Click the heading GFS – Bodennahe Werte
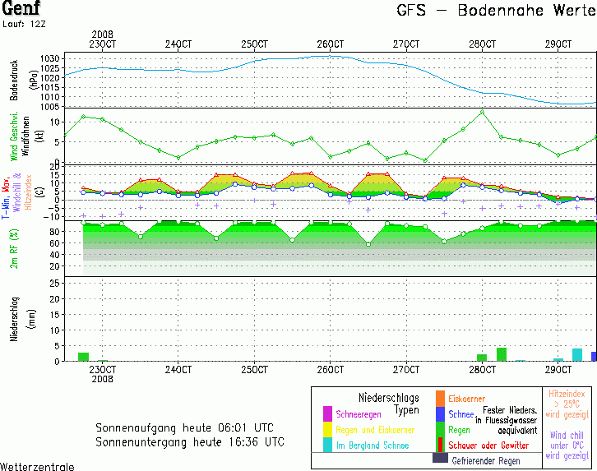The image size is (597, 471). click(493, 12)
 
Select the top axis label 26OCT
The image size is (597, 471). click(330, 44)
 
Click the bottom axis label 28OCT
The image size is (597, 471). click(483, 370)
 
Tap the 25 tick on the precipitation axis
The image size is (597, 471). click(53, 284)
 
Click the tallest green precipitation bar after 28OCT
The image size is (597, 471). click(501, 354)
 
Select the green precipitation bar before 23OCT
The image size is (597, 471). click(83, 357)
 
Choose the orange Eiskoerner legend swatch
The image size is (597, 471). click(440, 399)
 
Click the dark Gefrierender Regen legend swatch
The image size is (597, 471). click(440, 458)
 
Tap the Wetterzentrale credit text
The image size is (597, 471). click(37, 466)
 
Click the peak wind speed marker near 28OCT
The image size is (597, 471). click(482, 112)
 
